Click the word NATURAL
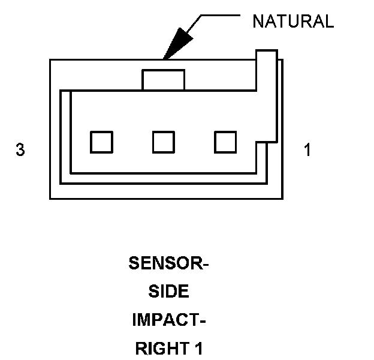pos(293,22)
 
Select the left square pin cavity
pos(101,142)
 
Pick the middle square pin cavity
pos(164,142)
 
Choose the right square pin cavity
pos(226,142)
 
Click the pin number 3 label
pos(20,150)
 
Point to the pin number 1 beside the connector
pos(307,150)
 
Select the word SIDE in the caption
pos(168,292)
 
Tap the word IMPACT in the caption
pos(165,320)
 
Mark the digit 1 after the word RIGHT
pos(198,348)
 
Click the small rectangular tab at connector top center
pos(163,80)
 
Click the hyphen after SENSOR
pos(204,265)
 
